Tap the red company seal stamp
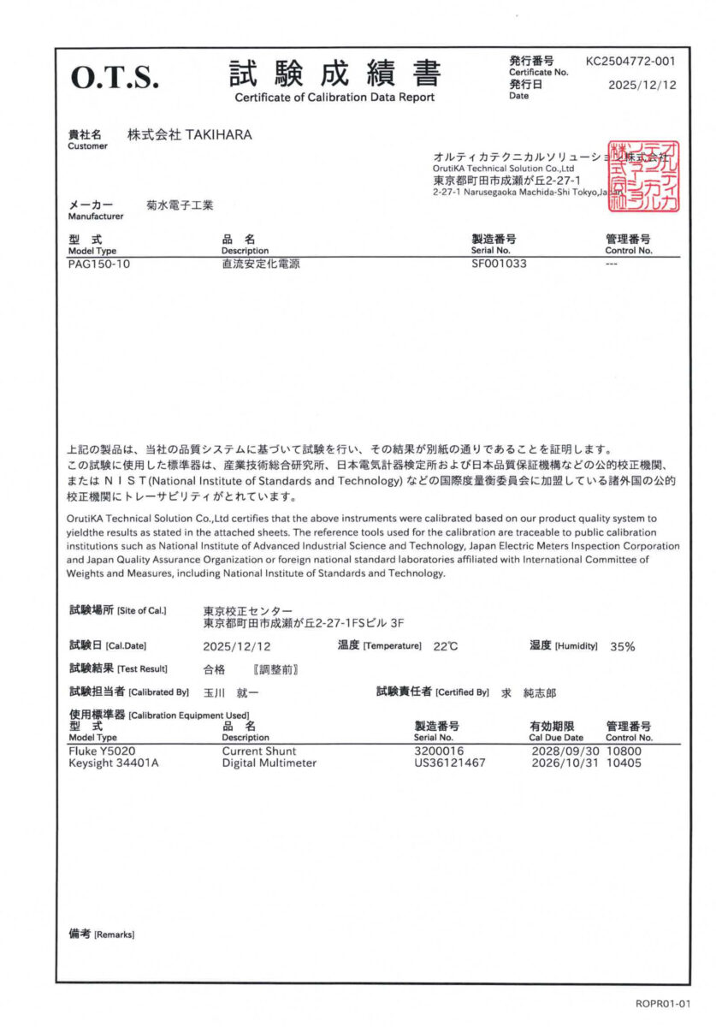point(642,176)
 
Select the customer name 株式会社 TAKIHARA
point(189,135)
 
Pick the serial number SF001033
point(499,264)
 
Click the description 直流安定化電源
point(260,264)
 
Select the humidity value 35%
point(622,647)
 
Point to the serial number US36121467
point(450,763)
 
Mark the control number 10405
point(624,763)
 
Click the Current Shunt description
point(258,751)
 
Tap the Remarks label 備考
point(80,934)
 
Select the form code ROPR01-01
point(662,1003)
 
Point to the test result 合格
point(215,668)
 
